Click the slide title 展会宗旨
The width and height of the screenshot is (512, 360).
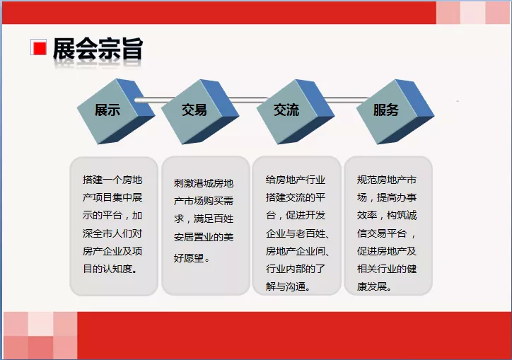click(x=98, y=49)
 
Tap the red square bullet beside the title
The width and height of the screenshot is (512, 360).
click(x=38, y=47)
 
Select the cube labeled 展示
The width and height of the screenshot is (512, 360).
click(x=115, y=111)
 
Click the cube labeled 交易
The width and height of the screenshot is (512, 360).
click(x=200, y=111)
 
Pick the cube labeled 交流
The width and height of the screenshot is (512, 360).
click(x=295, y=111)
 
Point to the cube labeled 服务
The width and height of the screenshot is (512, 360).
click(x=395, y=111)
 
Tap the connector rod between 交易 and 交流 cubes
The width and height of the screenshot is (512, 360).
click(x=249, y=100)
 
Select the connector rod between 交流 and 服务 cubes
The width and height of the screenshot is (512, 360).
click(x=347, y=100)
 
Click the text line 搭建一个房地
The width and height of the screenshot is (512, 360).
click(x=112, y=180)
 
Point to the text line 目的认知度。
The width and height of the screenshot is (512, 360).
click(x=110, y=269)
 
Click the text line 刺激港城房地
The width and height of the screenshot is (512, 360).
click(x=204, y=183)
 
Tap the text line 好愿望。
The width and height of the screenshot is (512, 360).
click(x=192, y=258)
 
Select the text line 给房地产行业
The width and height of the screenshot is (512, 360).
click(x=296, y=180)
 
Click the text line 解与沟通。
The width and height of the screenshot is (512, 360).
click(x=288, y=286)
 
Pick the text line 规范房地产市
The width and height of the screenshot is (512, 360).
click(x=387, y=180)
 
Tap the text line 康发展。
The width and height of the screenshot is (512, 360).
click(x=374, y=286)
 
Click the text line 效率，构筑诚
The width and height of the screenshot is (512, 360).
click(x=387, y=215)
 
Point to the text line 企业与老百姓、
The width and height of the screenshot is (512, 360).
click(x=298, y=233)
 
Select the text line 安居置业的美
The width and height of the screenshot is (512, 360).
click(x=204, y=237)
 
